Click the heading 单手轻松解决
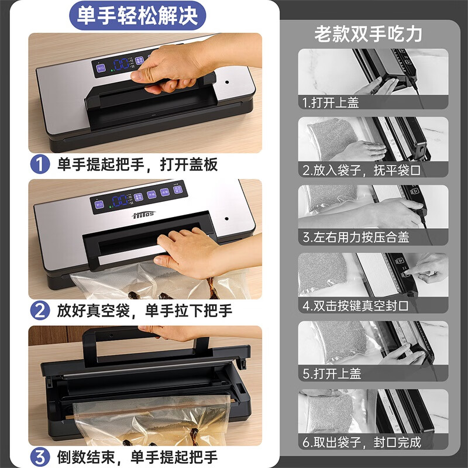pos(137,15)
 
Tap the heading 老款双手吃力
pos(368,33)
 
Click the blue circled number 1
pos(40,164)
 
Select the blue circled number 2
pos(40,310)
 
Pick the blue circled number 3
pos(40,456)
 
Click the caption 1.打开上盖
pos(331,102)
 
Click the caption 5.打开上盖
pos(331,374)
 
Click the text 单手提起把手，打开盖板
pos(137,164)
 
